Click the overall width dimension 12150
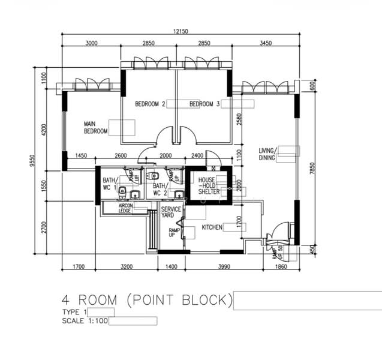[181, 31]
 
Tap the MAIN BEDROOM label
[96, 127]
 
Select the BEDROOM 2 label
[150, 104]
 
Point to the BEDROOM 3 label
[204, 104]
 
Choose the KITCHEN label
[212, 227]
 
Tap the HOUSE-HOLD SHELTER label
[209, 186]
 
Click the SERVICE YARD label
[171, 212]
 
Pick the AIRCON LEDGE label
[125, 208]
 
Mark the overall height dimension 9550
[32, 161]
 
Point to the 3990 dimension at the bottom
[224, 266]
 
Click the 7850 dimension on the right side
[312, 168]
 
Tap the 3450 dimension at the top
[266, 43]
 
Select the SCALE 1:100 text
[85, 321]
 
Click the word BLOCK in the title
[207, 300]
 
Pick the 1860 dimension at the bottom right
[281, 266]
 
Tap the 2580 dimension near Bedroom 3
[239, 119]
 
